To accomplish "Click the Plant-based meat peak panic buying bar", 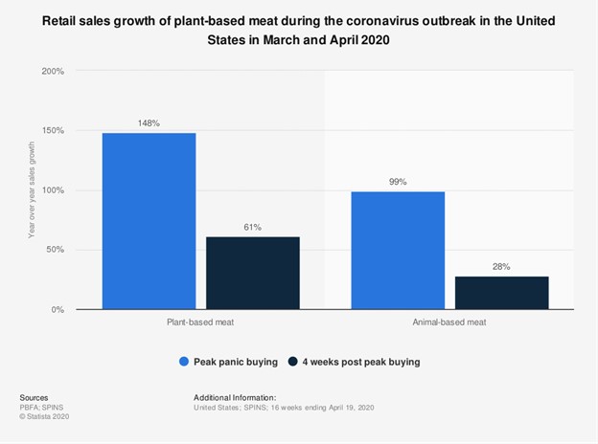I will [149, 221].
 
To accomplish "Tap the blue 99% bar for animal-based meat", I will [398, 250].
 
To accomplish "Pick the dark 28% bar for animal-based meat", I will [502, 293].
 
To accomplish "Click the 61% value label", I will [253, 227].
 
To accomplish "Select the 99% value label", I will [398, 181].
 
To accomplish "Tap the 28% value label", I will [502, 266].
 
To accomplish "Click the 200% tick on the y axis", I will [54, 72].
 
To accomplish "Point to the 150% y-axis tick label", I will [54, 131].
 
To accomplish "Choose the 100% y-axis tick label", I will [54, 190].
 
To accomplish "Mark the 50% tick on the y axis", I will [56, 251].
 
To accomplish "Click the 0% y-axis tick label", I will [57, 310].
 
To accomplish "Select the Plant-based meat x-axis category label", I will [200, 322].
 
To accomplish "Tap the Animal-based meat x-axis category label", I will [449, 322].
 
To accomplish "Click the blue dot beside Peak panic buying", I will [184, 362].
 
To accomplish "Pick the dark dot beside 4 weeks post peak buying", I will [292, 362].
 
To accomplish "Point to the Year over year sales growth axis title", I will [32, 190].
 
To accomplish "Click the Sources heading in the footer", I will [34, 397].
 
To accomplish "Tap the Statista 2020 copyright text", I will [44, 416].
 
